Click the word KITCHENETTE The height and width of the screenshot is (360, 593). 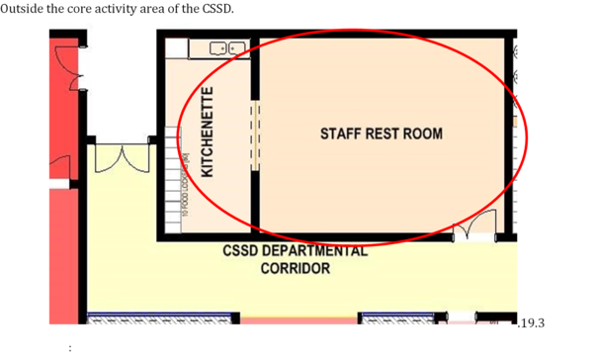208,133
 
